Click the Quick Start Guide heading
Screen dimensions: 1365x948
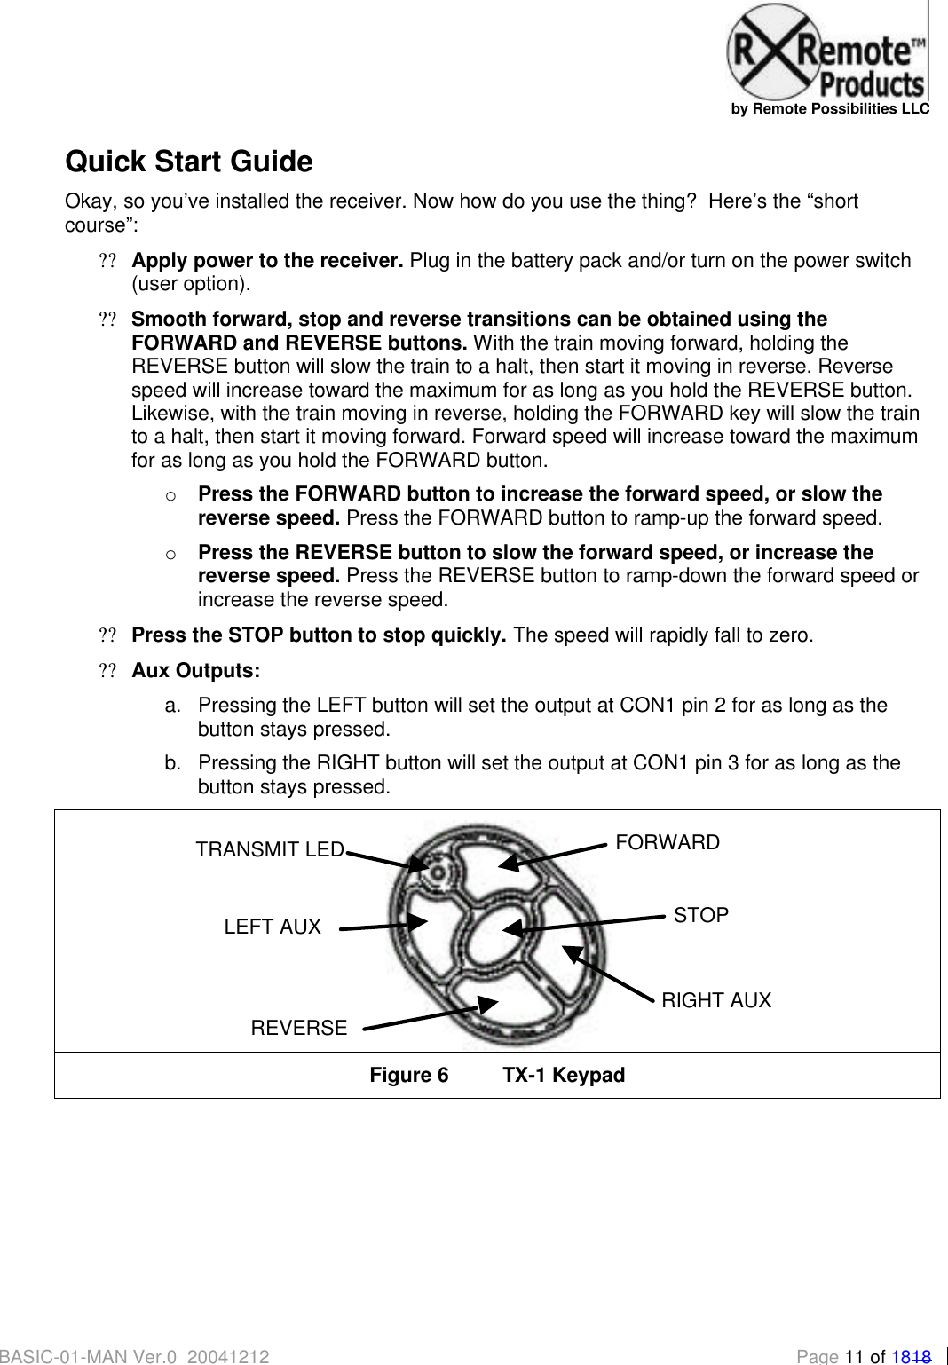pyautogui.click(x=189, y=162)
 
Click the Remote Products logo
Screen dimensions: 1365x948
pyautogui.click(x=826, y=52)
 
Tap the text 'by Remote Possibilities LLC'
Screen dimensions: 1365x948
pyautogui.click(x=830, y=108)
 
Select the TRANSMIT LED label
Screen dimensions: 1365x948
pyautogui.click(x=270, y=849)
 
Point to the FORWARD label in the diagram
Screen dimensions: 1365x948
pyautogui.click(x=668, y=842)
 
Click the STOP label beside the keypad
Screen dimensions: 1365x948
pyautogui.click(x=700, y=915)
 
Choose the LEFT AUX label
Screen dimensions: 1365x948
pyautogui.click(x=273, y=927)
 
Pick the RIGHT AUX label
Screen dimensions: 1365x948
pyautogui.click(x=716, y=1000)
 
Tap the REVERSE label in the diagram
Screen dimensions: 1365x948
pyautogui.click(x=299, y=1028)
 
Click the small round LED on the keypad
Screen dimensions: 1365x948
pyautogui.click(x=436, y=871)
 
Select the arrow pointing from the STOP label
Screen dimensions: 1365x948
pyautogui.click(x=586, y=922)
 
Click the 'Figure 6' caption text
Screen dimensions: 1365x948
pyautogui.click(x=409, y=1075)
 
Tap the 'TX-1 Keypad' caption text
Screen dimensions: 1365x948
pyautogui.click(x=564, y=1075)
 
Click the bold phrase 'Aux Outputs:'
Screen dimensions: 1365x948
pyautogui.click(x=195, y=670)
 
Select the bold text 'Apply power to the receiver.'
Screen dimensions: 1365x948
pyautogui.click(x=267, y=260)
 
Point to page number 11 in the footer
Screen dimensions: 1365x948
pyautogui.click(x=854, y=1356)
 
